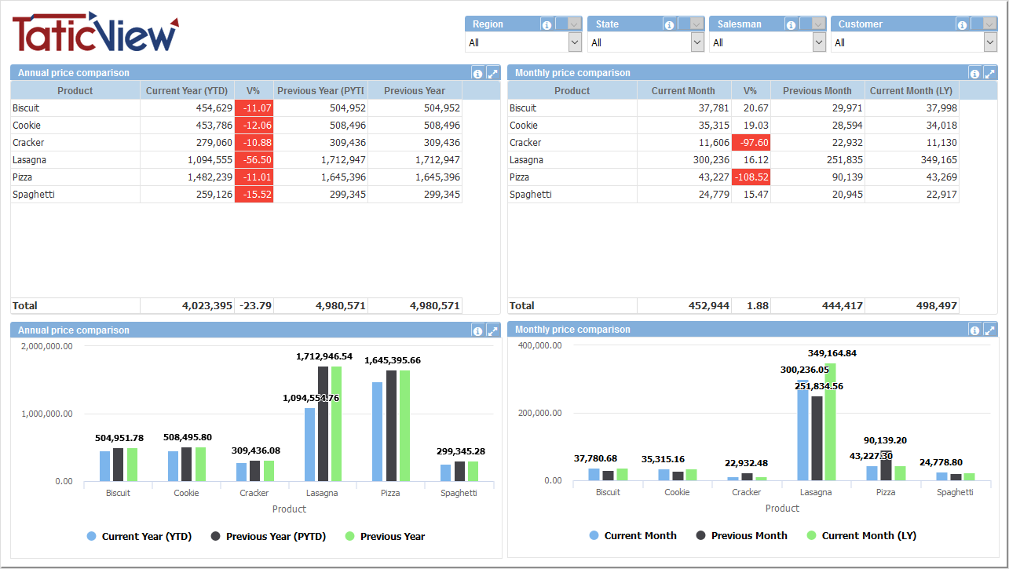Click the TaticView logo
(x=95, y=33)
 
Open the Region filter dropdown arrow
(x=575, y=42)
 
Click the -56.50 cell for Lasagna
(x=254, y=160)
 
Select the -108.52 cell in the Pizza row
(x=751, y=177)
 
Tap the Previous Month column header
(x=817, y=91)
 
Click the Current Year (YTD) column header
(x=187, y=91)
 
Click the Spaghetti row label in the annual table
(x=34, y=195)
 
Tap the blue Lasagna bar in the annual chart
(x=310, y=444)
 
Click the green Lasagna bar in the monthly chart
(x=831, y=421)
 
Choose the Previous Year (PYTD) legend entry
(x=270, y=537)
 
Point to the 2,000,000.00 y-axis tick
(x=47, y=346)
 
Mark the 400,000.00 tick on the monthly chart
(x=540, y=345)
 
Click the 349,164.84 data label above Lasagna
(x=832, y=353)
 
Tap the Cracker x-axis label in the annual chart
(x=254, y=494)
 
